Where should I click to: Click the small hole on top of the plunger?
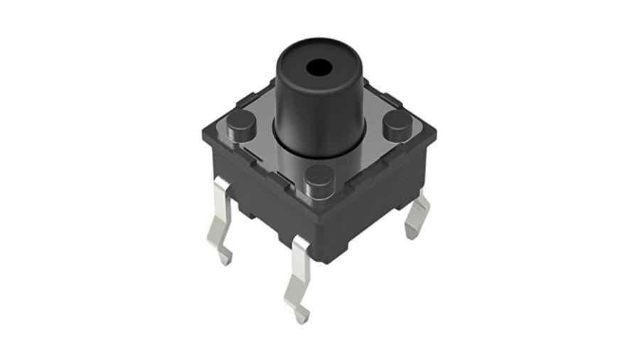[x=319, y=68]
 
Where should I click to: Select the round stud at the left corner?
[x=241, y=125]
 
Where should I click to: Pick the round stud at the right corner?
[x=397, y=126]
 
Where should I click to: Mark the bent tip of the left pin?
[x=225, y=258]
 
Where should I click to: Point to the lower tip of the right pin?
[x=412, y=231]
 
